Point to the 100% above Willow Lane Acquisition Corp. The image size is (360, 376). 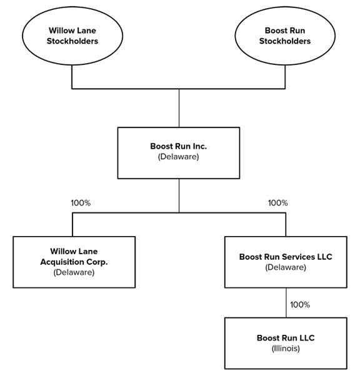click(81, 203)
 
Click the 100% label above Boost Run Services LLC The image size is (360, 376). click(277, 203)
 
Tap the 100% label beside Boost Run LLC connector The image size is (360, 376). click(300, 305)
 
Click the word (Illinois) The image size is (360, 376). click(286, 349)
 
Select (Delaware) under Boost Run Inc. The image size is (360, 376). click(178, 157)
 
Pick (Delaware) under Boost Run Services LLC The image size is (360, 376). click(286, 267)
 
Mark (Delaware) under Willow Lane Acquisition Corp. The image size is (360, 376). click(74, 272)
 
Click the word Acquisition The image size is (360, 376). click(62, 262)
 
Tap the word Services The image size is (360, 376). click(298, 257)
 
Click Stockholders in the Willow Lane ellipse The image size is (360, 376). click(72, 41)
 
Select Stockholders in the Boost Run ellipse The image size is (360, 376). click(285, 41)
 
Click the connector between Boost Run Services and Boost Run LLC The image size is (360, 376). click(286, 303)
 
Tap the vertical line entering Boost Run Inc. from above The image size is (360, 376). click(179, 108)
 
